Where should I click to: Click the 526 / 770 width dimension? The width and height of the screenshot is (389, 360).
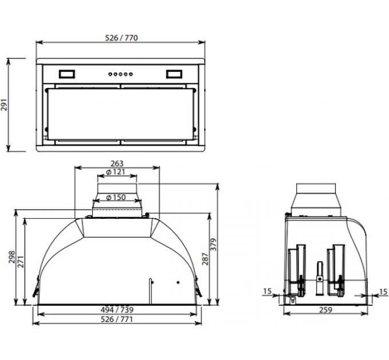[x=121, y=38]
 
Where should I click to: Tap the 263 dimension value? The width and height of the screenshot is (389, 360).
[x=116, y=163]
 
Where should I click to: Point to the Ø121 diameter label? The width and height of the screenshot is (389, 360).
[x=116, y=173]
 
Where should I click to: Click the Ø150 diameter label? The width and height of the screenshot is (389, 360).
[x=116, y=197]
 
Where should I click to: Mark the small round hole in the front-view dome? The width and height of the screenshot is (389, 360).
[x=177, y=282]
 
